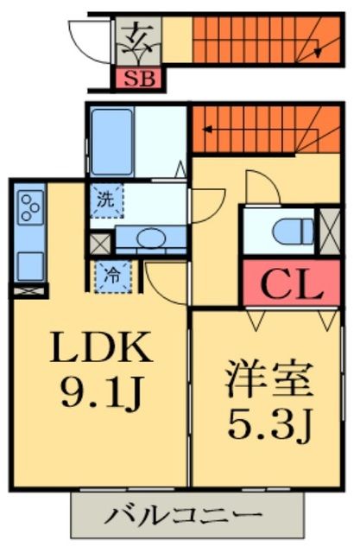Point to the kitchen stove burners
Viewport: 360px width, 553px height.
coord(29,208)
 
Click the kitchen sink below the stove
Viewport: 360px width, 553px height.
coord(28,262)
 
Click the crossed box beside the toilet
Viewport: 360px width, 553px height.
coord(329,230)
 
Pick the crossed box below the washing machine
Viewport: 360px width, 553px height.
coord(100,243)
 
